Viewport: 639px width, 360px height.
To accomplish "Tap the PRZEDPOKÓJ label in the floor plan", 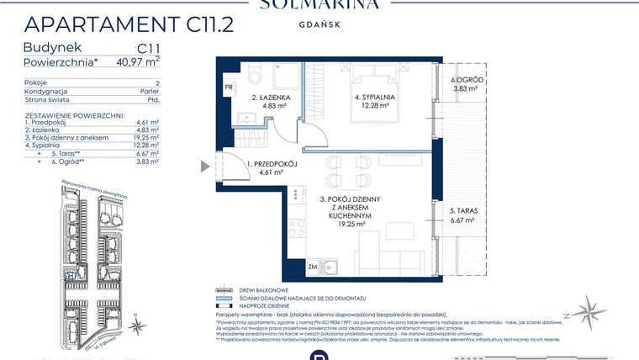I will tap(272, 164).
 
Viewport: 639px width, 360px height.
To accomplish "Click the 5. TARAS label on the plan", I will tap(463, 211).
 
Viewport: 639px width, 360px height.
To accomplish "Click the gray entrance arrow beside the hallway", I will tap(204, 167).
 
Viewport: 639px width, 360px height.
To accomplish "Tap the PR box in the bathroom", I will tap(228, 86).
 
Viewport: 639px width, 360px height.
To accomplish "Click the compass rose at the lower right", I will tap(588, 312).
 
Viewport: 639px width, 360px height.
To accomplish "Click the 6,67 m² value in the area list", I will tap(148, 155).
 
